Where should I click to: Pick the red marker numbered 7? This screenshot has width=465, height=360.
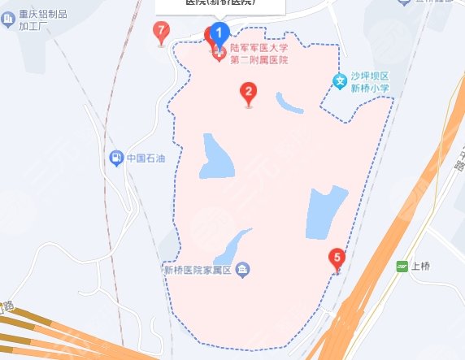(x=161, y=32)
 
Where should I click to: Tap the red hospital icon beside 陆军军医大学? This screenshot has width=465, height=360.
(x=219, y=54)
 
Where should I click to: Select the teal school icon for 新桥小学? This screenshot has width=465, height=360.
(x=341, y=80)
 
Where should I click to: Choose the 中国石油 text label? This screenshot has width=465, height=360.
(x=146, y=158)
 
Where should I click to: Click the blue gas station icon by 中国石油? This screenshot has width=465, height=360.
(x=117, y=157)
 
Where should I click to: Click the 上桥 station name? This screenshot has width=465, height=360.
(x=419, y=266)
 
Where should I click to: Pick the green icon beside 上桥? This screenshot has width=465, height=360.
(x=401, y=266)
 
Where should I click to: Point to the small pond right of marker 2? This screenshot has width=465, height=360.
(x=289, y=103)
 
